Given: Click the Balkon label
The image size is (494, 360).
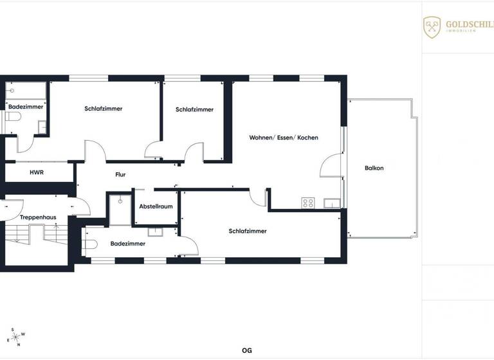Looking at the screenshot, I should pos(374,168).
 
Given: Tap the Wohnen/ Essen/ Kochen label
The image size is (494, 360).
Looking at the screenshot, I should pos(284,138).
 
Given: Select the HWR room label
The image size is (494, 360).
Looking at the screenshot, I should pos(36,173).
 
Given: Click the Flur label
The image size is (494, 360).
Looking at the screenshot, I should pos(120,174).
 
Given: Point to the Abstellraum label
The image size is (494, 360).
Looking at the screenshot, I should pos(156,206).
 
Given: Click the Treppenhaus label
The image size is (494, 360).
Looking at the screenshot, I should pos(37,217).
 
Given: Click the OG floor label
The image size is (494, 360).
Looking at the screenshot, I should pos(246,350).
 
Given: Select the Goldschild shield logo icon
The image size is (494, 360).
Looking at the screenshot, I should pos(432,27).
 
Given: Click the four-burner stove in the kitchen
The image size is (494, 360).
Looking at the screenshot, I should pos(308,203).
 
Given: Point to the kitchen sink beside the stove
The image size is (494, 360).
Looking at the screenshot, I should pos(332,204).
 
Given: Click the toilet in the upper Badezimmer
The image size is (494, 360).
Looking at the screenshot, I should pos(13,117).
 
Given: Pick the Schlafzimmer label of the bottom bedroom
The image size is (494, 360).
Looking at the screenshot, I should pos(247,231).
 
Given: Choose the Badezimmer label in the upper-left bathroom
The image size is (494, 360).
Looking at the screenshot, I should pos(26,107).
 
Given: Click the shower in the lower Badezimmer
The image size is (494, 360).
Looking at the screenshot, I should pos(120,210).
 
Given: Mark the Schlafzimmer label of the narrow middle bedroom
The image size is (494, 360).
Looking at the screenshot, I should pos(194,110).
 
